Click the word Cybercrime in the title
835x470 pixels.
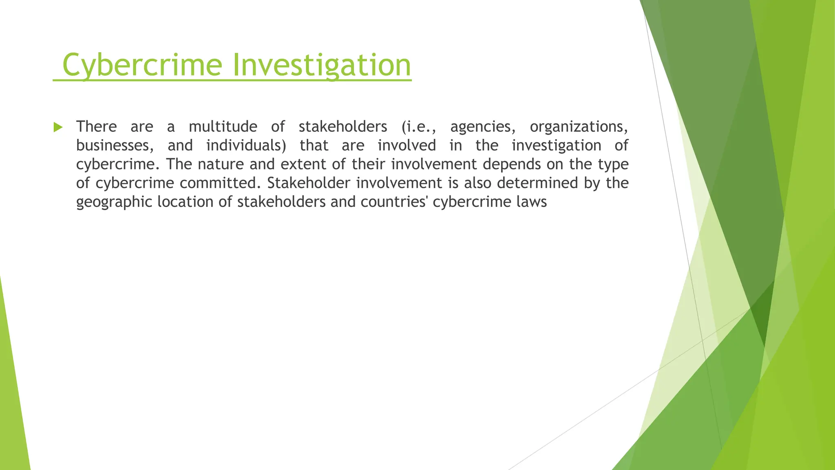142,65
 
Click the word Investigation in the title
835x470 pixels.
322,65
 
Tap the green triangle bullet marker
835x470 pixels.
58,127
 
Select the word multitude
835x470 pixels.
223,127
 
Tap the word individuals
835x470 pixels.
246,146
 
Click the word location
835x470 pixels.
185,202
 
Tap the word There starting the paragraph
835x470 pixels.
96,127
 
